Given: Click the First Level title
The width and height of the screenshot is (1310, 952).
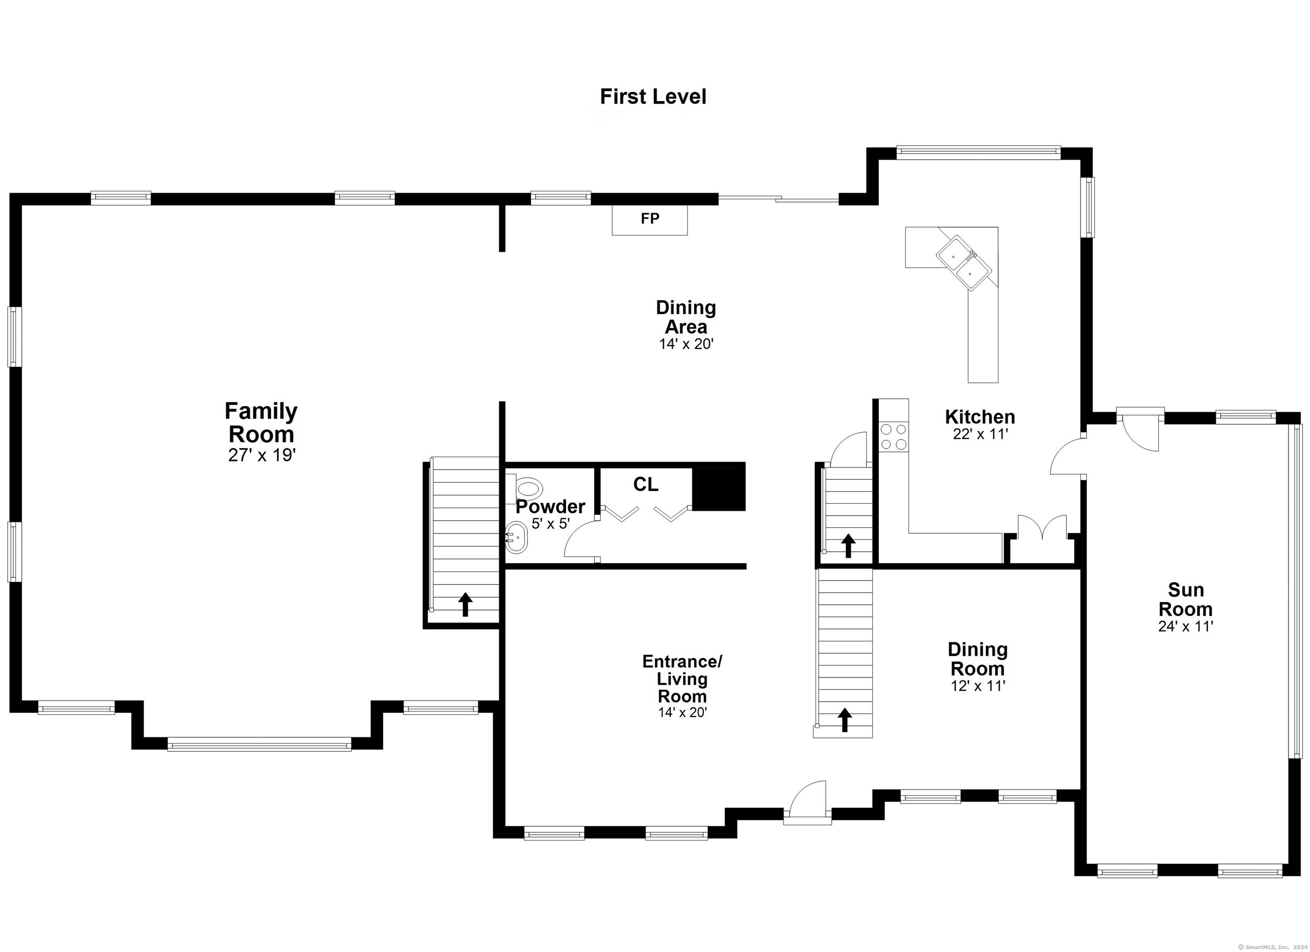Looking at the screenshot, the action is click(653, 96).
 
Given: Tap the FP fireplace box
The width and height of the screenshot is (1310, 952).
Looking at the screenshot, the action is click(650, 219).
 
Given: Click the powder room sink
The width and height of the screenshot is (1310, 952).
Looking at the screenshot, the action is click(516, 538).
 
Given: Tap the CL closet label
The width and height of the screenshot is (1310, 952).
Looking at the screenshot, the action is click(645, 485).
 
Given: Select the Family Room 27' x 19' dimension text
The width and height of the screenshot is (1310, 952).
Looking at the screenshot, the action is click(262, 455).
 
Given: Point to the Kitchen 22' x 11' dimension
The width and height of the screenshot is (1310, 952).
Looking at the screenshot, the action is click(980, 434).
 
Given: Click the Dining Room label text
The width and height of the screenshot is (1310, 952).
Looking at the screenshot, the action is click(978, 659).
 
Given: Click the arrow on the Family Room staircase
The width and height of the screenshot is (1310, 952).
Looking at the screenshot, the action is click(465, 604).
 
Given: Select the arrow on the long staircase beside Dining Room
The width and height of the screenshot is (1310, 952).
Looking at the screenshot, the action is click(845, 720).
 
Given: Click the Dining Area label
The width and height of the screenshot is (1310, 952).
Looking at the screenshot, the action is click(686, 317).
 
